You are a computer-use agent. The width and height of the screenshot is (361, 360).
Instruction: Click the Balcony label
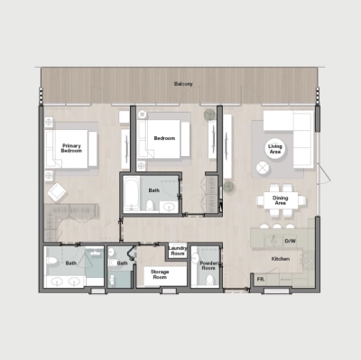coord(183,84)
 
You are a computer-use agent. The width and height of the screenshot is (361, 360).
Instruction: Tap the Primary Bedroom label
coord(72,148)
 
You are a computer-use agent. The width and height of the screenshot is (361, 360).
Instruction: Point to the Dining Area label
coord(280,201)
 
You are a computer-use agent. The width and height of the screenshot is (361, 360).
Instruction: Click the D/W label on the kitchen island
coord(291,241)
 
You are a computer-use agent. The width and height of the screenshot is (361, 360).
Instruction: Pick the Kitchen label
coord(280,259)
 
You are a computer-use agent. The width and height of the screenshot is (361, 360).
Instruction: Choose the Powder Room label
coord(208,267)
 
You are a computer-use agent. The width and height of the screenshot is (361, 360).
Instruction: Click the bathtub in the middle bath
coord(131,195)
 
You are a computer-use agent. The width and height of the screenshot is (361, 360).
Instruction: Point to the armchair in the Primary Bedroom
coord(56,192)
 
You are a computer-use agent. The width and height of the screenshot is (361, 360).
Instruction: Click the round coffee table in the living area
coord(262,168)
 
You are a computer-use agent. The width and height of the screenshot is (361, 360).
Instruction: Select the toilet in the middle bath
coord(150,208)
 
